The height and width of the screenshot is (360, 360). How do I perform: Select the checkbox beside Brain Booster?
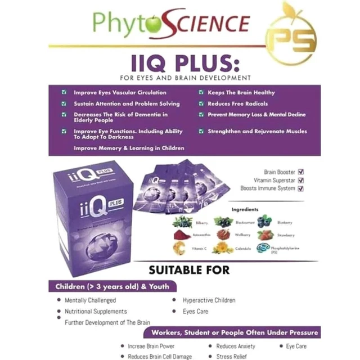pyautogui.click(x=300, y=172)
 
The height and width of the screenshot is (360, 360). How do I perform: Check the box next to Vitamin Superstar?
pyautogui.click(x=300, y=180)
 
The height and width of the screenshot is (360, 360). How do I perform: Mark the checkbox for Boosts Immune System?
pyautogui.click(x=300, y=188)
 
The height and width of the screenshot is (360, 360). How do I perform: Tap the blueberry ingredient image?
pyautogui.click(x=264, y=221)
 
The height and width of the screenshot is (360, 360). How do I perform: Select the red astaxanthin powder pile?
pyautogui.click(x=182, y=235)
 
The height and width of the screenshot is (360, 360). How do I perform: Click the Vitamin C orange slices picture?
pyautogui.click(x=181, y=248)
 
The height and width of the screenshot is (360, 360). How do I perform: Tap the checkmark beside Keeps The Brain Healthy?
pyautogui.click(x=201, y=92)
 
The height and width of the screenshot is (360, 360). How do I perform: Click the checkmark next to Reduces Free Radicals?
pyautogui.click(x=201, y=103)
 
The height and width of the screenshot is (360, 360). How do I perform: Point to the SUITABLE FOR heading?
pyautogui.click(x=189, y=269)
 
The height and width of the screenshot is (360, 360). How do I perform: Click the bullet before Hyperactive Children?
pyautogui.click(x=176, y=300)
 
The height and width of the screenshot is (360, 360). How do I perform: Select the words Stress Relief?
pyautogui.click(x=232, y=357)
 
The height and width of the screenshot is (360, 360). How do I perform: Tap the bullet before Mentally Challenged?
pyautogui.click(x=59, y=300)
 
